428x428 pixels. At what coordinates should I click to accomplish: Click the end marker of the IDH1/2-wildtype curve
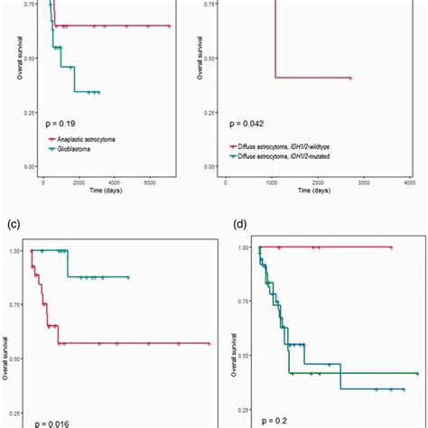[349, 79]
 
